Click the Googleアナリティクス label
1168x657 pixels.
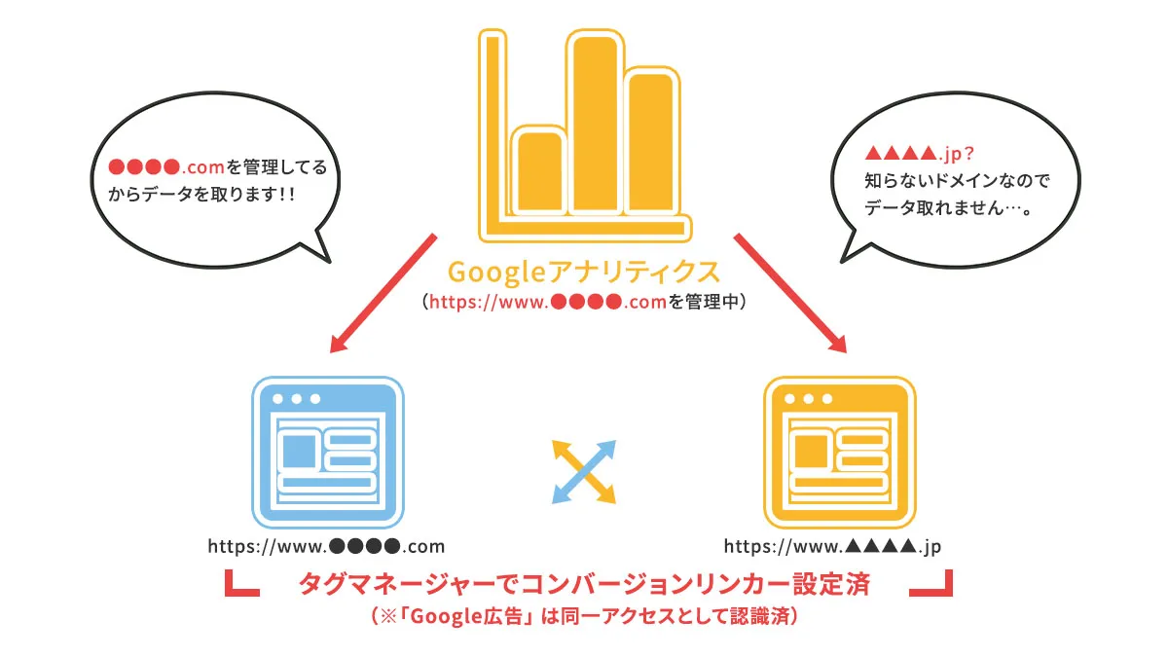click(x=584, y=271)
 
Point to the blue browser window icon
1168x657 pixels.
click(x=328, y=452)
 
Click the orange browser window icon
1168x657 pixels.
click(x=840, y=452)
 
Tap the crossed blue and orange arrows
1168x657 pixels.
click(x=584, y=471)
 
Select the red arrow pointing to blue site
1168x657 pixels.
click(x=383, y=291)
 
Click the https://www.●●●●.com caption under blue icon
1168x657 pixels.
click(x=326, y=545)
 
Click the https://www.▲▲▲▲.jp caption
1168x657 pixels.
click(x=833, y=545)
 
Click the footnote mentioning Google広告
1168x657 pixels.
click(x=584, y=616)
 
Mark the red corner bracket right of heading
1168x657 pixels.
click(x=931, y=582)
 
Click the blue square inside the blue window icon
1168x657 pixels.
click(x=299, y=452)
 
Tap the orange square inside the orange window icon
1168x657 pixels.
click(x=811, y=451)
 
